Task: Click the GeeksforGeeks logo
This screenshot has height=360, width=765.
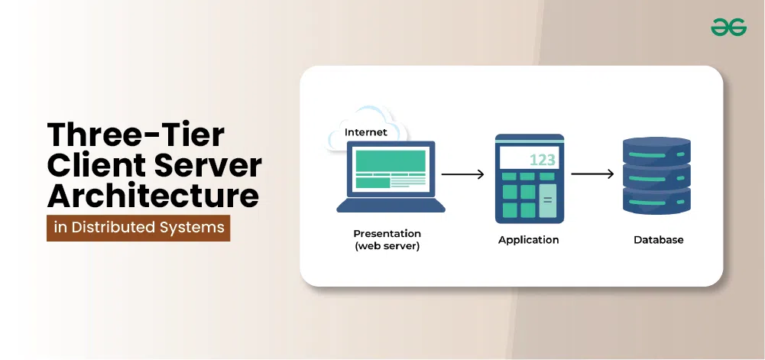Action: (x=728, y=28)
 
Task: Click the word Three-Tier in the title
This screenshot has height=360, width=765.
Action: (x=136, y=135)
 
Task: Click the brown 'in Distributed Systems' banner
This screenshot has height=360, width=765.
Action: (x=138, y=227)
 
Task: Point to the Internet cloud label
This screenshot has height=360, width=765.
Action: (x=365, y=132)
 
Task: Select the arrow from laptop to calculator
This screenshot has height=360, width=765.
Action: (x=462, y=174)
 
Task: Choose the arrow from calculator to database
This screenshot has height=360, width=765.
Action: (x=592, y=174)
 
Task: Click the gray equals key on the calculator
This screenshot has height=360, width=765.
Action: (x=548, y=201)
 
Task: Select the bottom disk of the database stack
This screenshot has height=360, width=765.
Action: (x=656, y=202)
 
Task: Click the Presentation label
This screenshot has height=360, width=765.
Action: (x=387, y=233)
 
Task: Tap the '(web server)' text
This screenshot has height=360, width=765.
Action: (x=387, y=245)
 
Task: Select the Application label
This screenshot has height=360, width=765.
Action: (x=528, y=239)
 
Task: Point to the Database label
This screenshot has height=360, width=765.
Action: (x=658, y=239)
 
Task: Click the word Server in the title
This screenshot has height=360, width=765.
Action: (x=209, y=165)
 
